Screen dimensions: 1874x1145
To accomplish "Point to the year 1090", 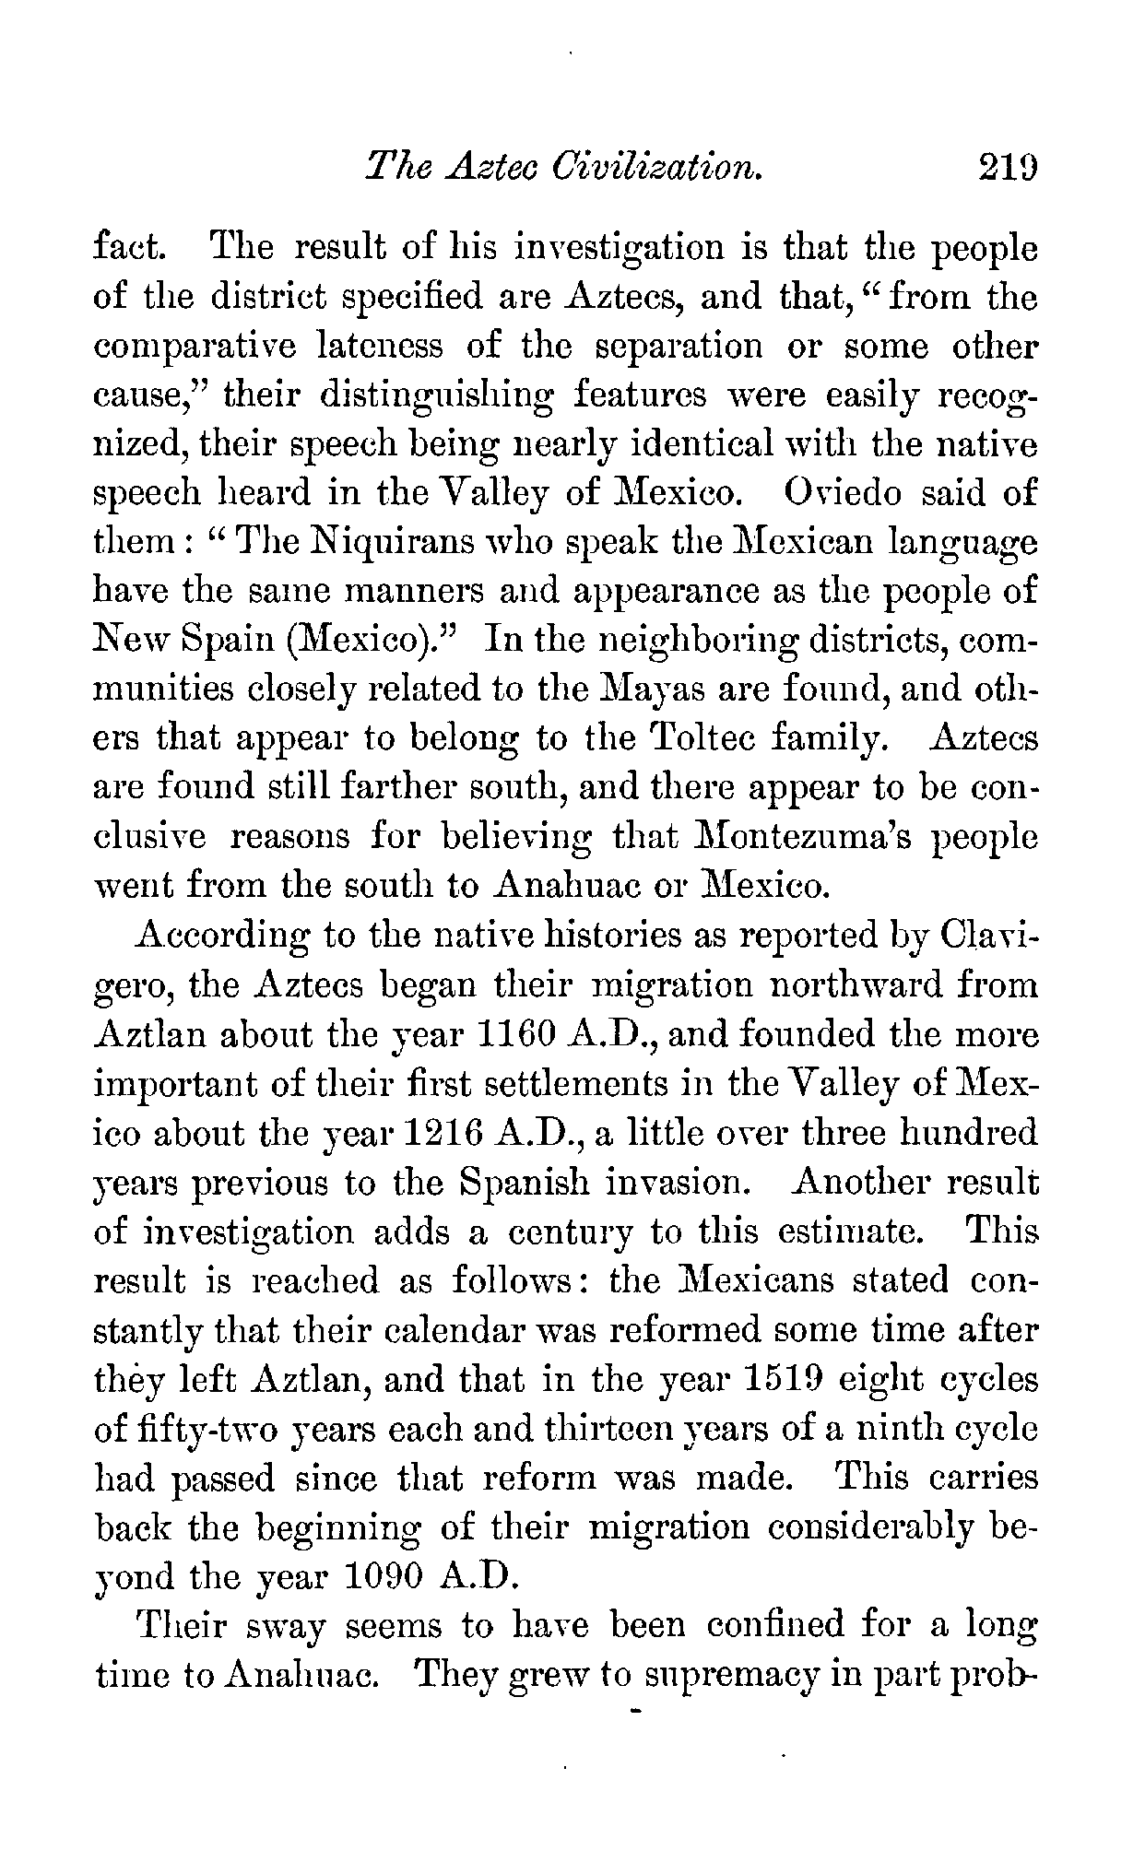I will [384, 1577].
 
